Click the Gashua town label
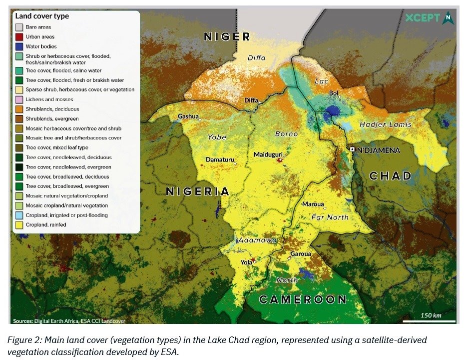point(188,116)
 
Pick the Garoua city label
point(301,253)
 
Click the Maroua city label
point(313,204)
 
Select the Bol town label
point(334,93)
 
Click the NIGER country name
point(227,36)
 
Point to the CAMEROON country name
point(303,299)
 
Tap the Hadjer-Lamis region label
point(385,124)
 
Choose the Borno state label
point(286,134)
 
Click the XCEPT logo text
point(423,18)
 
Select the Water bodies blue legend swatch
point(19,46)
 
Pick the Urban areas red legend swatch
point(19,36)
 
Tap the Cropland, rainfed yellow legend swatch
point(19,225)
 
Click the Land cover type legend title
point(42,16)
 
